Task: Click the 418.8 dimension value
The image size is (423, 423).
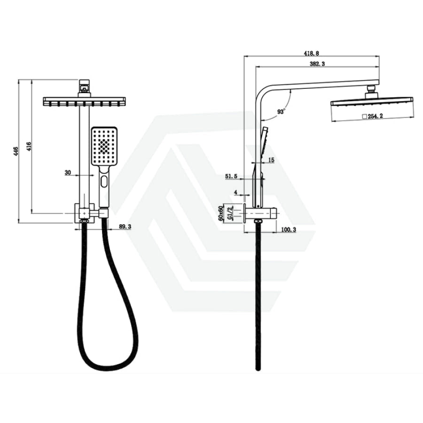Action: (x=311, y=53)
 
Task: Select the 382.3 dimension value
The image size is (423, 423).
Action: (x=318, y=63)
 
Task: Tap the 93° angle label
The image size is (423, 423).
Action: (x=281, y=111)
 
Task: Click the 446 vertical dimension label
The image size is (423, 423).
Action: (x=16, y=151)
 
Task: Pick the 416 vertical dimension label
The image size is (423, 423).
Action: (x=29, y=146)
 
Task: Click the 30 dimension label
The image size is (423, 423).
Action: (x=68, y=172)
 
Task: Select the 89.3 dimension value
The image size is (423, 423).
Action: (x=125, y=227)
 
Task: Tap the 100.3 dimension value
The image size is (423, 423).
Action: (x=289, y=229)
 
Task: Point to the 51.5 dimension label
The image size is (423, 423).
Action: (x=231, y=176)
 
